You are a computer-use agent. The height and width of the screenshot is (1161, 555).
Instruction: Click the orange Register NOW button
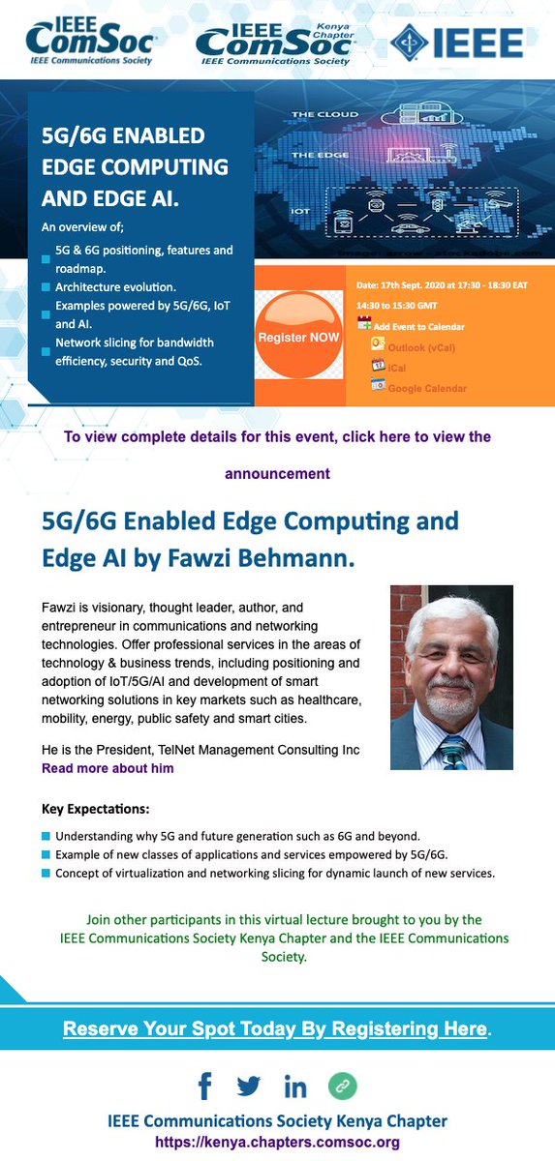[x=298, y=337]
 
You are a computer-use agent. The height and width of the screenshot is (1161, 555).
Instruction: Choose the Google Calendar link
[x=427, y=388]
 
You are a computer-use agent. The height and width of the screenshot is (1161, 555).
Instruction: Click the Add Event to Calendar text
[x=418, y=327]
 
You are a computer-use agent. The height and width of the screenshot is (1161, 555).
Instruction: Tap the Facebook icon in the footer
[x=204, y=1087]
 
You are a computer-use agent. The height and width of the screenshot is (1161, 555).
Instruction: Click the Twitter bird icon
[x=249, y=1087]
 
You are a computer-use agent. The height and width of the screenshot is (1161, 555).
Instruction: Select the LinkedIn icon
[x=295, y=1087]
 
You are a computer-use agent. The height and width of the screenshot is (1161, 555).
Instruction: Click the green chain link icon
[x=341, y=1087]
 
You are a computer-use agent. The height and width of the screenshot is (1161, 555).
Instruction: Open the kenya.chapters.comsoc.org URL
[x=277, y=1143]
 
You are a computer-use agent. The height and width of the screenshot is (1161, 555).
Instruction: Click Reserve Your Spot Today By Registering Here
[x=275, y=1028]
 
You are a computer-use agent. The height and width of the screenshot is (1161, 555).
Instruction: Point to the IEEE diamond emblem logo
[x=409, y=42]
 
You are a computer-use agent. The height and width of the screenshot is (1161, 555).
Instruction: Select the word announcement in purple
[x=277, y=474]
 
